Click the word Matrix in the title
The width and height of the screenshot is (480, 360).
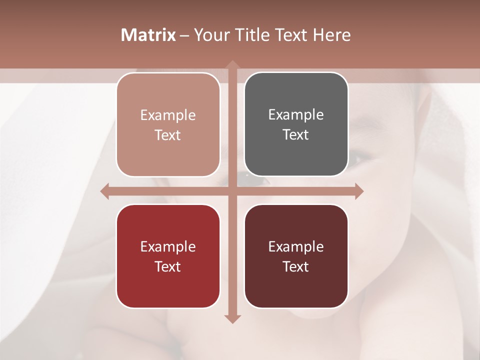click(x=148, y=35)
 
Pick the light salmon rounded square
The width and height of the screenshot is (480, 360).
click(x=168, y=125)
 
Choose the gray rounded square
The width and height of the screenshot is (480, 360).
click(x=296, y=124)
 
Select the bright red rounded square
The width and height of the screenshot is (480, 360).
click(x=168, y=256)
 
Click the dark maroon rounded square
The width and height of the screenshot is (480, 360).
click(x=296, y=256)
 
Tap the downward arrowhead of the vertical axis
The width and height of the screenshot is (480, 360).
click(x=232, y=318)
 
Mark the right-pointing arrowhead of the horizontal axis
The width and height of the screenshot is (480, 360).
click(x=359, y=191)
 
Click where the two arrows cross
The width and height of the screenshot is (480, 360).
click(x=232, y=191)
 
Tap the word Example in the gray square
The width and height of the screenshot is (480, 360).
click(x=296, y=114)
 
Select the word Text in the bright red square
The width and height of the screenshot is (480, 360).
click(x=168, y=266)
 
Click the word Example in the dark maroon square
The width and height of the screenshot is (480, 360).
click(x=296, y=246)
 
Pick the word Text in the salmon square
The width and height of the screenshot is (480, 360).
click(x=168, y=135)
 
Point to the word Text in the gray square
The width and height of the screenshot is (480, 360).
click(x=296, y=134)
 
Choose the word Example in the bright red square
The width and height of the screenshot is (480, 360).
click(x=168, y=246)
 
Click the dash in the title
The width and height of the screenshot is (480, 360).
click(x=184, y=35)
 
